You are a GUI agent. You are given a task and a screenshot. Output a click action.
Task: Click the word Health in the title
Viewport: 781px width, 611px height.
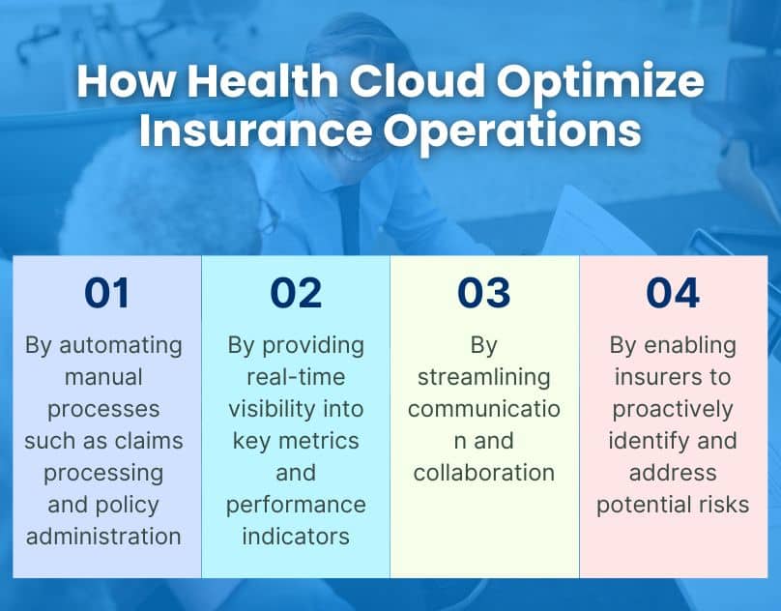click(x=253, y=82)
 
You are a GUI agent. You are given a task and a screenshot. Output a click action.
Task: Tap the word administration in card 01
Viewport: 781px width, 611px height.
click(x=104, y=536)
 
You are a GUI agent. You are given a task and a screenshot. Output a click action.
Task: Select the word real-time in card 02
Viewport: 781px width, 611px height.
click(x=295, y=377)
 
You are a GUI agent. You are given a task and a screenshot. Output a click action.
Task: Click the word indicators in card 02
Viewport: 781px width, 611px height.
click(x=295, y=536)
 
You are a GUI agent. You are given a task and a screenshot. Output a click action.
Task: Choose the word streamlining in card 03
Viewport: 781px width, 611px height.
click(x=483, y=377)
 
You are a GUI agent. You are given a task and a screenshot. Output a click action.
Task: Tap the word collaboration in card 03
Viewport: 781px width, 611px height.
click(x=483, y=472)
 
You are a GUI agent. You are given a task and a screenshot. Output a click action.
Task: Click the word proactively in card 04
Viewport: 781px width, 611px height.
click(x=673, y=409)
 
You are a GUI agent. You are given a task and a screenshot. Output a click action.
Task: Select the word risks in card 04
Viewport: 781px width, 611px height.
click(x=722, y=504)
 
